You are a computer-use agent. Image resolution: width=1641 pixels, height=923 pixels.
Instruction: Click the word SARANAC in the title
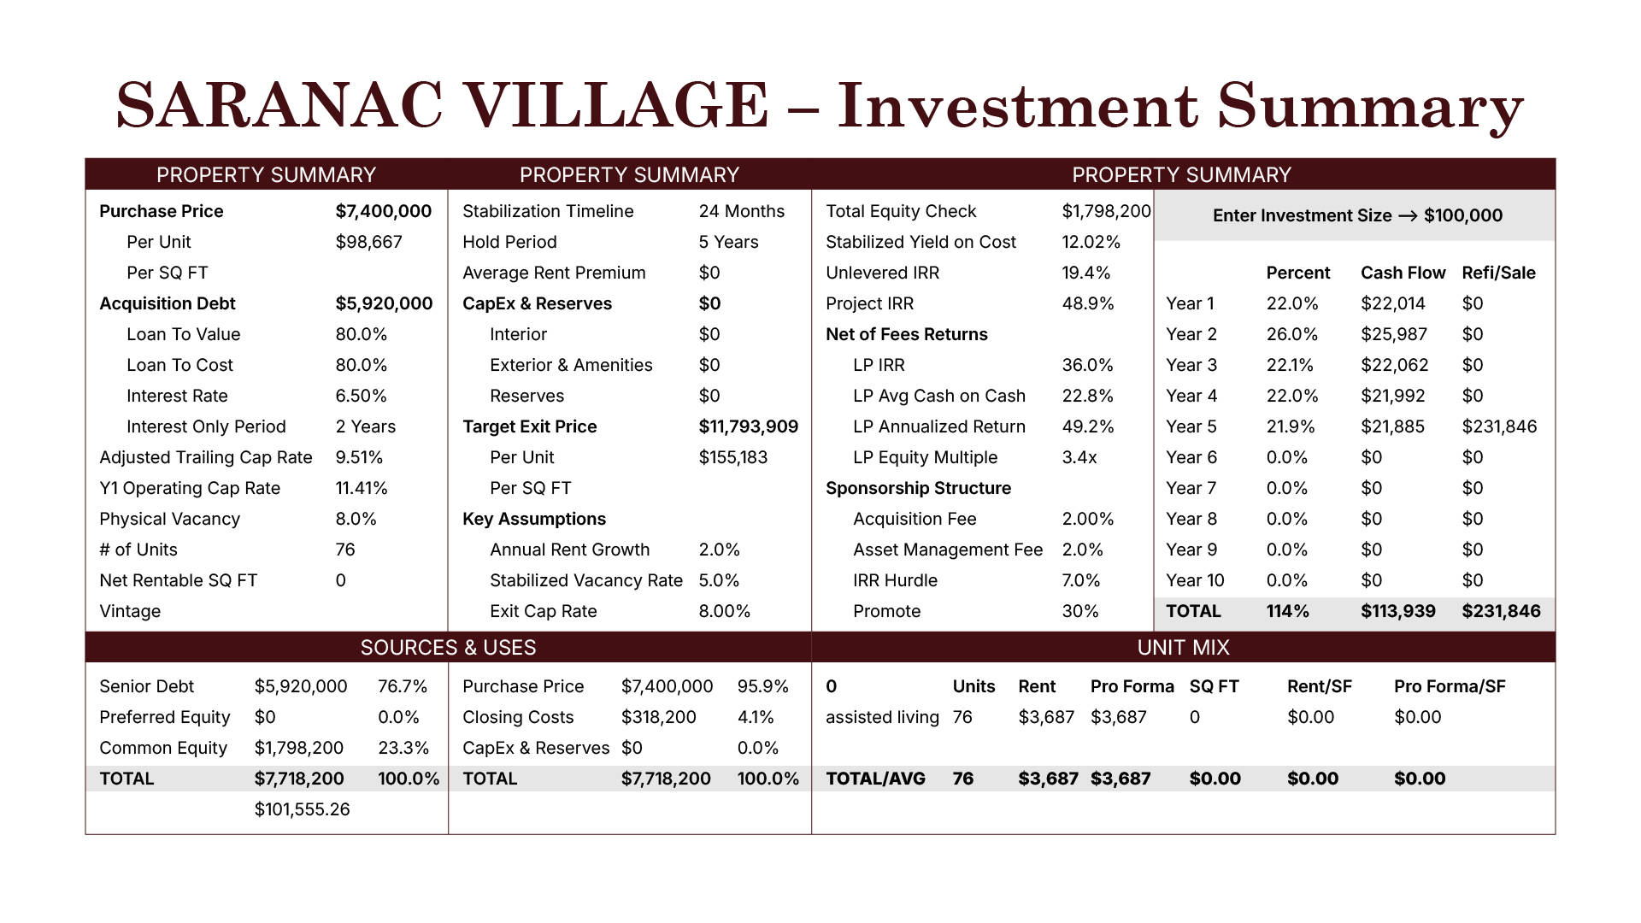[279, 106]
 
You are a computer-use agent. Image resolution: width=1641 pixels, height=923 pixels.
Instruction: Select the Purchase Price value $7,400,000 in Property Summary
[383, 211]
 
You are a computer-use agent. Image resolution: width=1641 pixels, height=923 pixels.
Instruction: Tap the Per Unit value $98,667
[368, 242]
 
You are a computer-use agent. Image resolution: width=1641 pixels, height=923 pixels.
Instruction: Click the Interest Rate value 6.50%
[361, 396]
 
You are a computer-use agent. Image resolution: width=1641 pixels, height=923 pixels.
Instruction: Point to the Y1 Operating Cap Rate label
[190, 488]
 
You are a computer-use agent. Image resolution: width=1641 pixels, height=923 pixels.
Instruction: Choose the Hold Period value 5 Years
[728, 242]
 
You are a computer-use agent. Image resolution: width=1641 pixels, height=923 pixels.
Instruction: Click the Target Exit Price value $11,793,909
[748, 426]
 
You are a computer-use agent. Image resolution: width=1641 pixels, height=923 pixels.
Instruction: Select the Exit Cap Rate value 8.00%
[724, 611]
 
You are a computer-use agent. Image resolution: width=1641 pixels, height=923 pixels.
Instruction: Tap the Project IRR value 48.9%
[1087, 303]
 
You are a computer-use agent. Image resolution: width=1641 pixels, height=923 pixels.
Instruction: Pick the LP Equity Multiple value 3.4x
[1079, 457]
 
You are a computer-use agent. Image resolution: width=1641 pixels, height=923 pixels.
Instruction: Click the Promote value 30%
[1079, 611]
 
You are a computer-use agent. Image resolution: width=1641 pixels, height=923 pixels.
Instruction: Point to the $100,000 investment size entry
[1462, 215]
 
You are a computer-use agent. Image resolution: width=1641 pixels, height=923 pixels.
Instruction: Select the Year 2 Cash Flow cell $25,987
[1394, 334]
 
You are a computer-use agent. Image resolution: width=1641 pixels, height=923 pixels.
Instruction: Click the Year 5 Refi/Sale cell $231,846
[1499, 426]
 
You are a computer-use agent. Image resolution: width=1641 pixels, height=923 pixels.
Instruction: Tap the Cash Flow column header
[1403, 273]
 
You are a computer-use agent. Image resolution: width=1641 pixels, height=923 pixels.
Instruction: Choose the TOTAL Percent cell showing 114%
[1287, 611]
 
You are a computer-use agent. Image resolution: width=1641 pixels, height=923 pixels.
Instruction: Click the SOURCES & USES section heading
[448, 648]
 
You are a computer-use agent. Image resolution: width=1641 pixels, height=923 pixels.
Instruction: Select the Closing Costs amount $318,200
[658, 717]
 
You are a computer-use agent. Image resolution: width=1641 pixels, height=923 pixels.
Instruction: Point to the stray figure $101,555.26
[302, 809]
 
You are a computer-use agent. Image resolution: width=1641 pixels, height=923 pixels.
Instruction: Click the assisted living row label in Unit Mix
[882, 717]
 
